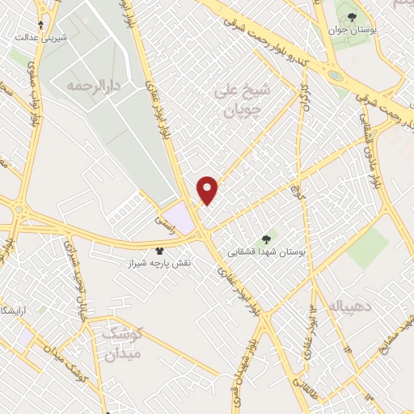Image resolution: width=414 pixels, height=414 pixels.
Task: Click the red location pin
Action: coord(208,189)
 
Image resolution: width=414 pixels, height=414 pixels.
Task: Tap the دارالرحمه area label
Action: coord(94,84)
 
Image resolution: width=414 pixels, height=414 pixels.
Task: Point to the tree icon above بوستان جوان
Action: coord(351,17)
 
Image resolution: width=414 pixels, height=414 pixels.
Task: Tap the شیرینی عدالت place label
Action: coord(43,37)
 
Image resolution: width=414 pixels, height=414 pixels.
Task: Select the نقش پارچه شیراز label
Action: coord(159,264)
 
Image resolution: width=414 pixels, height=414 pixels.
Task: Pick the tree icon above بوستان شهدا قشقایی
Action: coord(267,239)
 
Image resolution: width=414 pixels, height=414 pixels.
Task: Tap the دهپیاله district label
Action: coord(345,306)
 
